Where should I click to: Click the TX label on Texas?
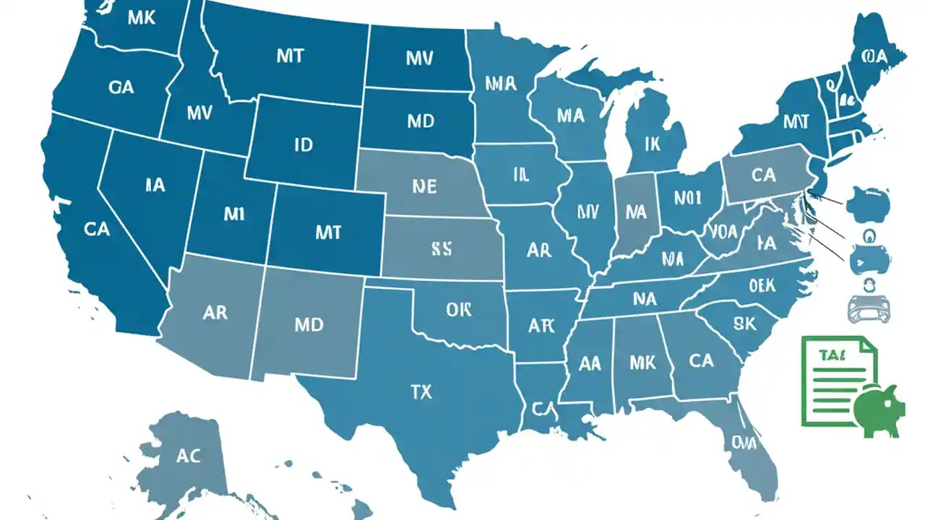[x=421, y=392]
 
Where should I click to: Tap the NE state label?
[x=424, y=186]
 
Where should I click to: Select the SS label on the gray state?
[x=441, y=249]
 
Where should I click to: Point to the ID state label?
[x=304, y=144]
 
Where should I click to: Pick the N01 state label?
[x=688, y=197]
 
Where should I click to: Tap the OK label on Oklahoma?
[x=458, y=309]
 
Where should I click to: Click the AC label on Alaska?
[x=188, y=456]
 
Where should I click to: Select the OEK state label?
[x=761, y=286]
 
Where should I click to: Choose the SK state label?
[x=744, y=323]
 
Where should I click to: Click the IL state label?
[x=521, y=174]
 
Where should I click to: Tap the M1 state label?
[x=235, y=214]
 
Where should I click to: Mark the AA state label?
[x=590, y=363]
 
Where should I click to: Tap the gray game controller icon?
[x=867, y=309]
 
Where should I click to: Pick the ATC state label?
[x=539, y=326]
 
